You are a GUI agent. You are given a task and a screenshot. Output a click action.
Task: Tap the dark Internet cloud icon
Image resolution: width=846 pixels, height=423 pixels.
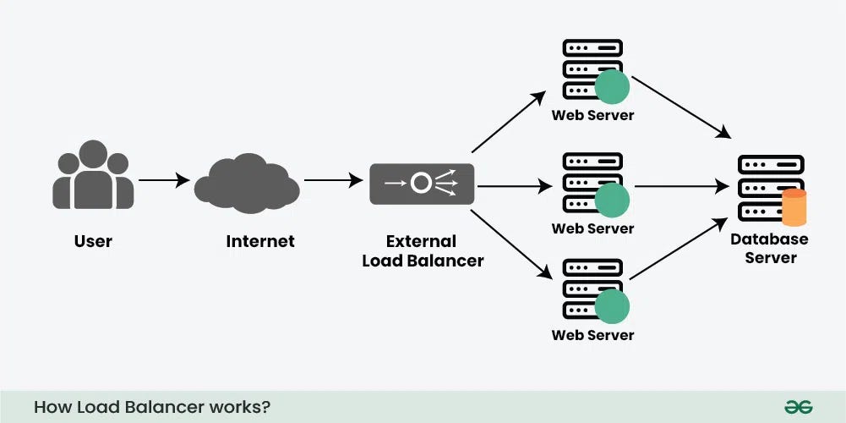pyautogui.click(x=246, y=181)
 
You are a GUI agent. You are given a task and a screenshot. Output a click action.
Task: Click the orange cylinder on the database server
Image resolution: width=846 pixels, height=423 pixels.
pyautogui.click(x=794, y=208)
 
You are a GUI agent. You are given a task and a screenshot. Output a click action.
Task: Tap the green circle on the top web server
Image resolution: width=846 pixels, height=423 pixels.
pyautogui.click(x=612, y=87)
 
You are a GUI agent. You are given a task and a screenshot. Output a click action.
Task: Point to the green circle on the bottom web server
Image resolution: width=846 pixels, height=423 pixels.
pyautogui.click(x=612, y=306)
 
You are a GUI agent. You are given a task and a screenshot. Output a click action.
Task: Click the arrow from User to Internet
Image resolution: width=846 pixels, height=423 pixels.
pyautogui.click(x=164, y=180)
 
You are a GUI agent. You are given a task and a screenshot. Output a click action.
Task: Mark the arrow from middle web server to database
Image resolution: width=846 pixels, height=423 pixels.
pyautogui.click(x=681, y=185)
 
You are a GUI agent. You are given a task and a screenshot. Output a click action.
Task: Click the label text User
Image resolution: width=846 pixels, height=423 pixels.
pyautogui.click(x=93, y=241)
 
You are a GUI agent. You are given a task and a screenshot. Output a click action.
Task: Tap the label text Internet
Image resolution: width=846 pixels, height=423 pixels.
pyautogui.click(x=260, y=241)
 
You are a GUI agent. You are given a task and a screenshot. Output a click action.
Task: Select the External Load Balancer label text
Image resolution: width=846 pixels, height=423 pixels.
pyautogui.click(x=423, y=251)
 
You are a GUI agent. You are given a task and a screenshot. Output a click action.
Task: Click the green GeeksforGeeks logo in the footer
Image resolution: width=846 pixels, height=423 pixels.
pyautogui.click(x=792, y=407)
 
